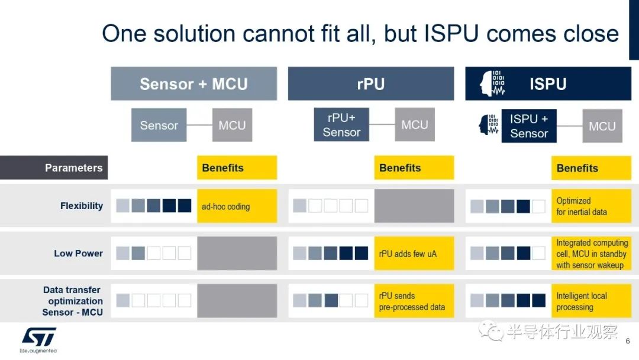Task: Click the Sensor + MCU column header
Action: pyautogui.click(x=193, y=83)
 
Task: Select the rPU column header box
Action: pyautogui.click(x=371, y=83)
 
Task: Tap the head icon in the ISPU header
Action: pyautogui.click(x=492, y=83)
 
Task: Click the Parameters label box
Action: pyautogui.click(x=54, y=168)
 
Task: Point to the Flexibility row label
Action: pyautogui.click(x=82, y=206)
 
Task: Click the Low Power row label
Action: pyautogui.click(x=78, y=253)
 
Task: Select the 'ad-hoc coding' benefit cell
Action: pyautogui.click(x=237, y=206)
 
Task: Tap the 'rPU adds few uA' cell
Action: pyautogui.click(x=414, y=253)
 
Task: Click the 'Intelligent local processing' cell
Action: pyautogui.click(x=591, y=301)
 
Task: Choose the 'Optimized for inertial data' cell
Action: pyautogui.click(x=591, y=206)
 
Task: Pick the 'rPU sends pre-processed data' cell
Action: pyautogui.click(x=414, y=301)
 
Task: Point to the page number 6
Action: pyautogui.click(x=628, y=341)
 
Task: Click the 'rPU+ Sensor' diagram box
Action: pyautogui.click(x=341, y=125)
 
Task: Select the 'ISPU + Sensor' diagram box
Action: pyautogui.click(x=529, y=126)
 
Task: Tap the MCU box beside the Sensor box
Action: pyautogui.click(x=233, y=125)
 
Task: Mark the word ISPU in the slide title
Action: pyautogui.click(x=451, y=33)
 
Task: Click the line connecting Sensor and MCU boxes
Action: pyautogui.click(x=199, y=125)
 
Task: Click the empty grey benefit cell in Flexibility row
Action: pyautogui.click(x=414, y=206)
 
